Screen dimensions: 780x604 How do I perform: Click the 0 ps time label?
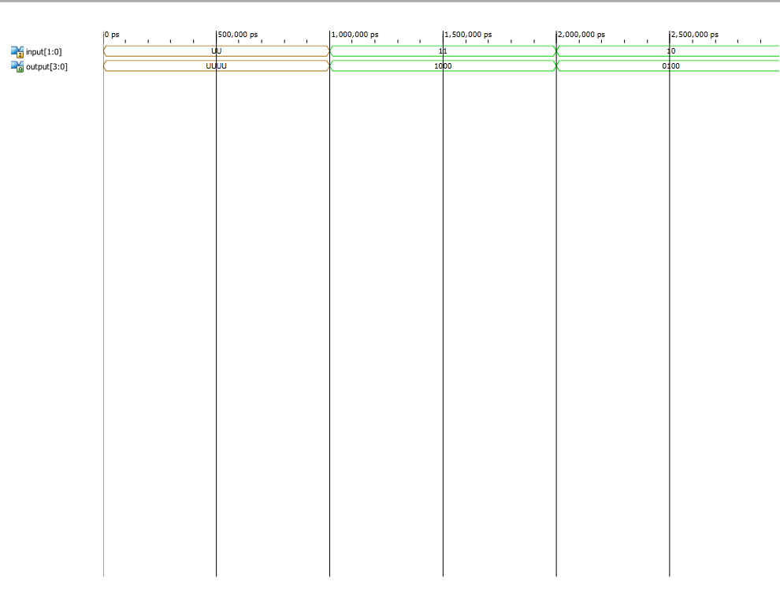coord(113,35)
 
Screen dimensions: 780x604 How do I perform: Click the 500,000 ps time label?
coord(238,35)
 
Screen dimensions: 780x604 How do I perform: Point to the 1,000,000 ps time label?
coord(355,35)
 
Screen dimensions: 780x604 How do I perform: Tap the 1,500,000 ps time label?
coord(468,35)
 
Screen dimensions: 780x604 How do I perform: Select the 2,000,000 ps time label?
coord(581,35)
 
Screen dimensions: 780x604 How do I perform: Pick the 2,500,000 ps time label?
coord(695,35)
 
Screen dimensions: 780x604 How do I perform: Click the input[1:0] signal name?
coord(44,52)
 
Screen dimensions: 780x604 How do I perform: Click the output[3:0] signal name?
coord(46,67)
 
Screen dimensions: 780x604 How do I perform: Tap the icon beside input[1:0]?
coord(17,52)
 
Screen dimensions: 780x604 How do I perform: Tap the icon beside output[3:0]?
coord(17,67)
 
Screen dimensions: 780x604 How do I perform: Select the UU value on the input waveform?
coord(217,50)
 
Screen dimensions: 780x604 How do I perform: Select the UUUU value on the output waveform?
coord(217,65)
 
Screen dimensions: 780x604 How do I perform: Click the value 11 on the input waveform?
coord(443,50)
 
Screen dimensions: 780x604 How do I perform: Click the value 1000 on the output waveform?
coord(443,65)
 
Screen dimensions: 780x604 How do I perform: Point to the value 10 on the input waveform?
coord(671,50)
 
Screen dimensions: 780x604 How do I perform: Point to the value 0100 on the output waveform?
coord(670,65)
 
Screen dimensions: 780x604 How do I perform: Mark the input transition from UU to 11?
coord(330,50)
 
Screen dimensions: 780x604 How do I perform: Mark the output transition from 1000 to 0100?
coord(557,65)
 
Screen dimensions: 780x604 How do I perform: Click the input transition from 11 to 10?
coord(557,50)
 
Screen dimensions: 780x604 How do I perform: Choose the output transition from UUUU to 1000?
coord(330,65)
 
